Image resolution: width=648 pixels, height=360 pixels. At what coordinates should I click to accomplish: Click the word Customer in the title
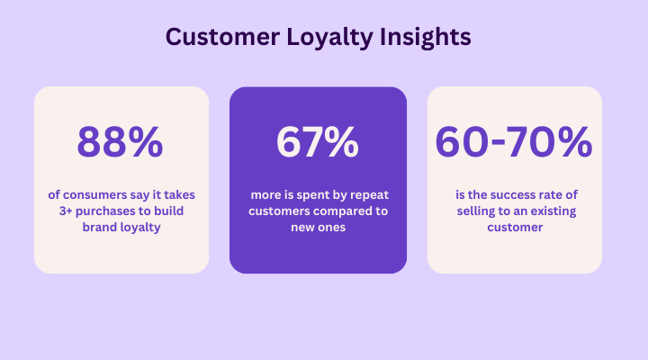[x=222, y=36]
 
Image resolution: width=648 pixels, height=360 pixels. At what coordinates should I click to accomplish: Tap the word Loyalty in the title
[x=329, y=38]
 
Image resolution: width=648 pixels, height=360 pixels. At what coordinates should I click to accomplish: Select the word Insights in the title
[x=425, y=38]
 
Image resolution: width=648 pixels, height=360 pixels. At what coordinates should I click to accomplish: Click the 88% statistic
[x=120, y=142]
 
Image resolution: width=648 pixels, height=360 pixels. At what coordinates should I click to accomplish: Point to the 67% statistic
[x=318, y=142]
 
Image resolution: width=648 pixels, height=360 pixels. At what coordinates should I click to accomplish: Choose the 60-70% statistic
[x=514, y=142]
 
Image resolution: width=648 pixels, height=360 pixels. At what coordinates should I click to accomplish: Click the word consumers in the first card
[x=94, y=194]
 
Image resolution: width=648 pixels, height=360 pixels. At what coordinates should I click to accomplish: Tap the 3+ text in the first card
[x=66, y=211]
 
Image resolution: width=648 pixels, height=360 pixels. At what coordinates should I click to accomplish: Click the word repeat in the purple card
[x=368, y=195]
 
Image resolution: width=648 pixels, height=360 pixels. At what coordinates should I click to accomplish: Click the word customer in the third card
[x=515, y=228]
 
